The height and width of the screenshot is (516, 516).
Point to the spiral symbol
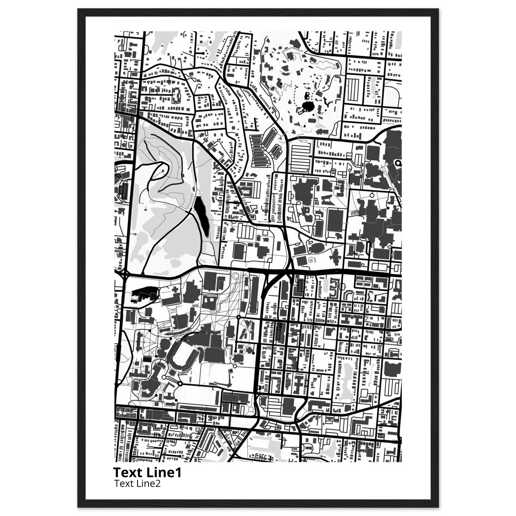[311, 259]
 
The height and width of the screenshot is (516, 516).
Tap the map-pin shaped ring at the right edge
[399, 163]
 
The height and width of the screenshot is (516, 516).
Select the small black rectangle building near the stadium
[147, 359]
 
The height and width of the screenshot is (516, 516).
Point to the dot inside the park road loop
[163, 170]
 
